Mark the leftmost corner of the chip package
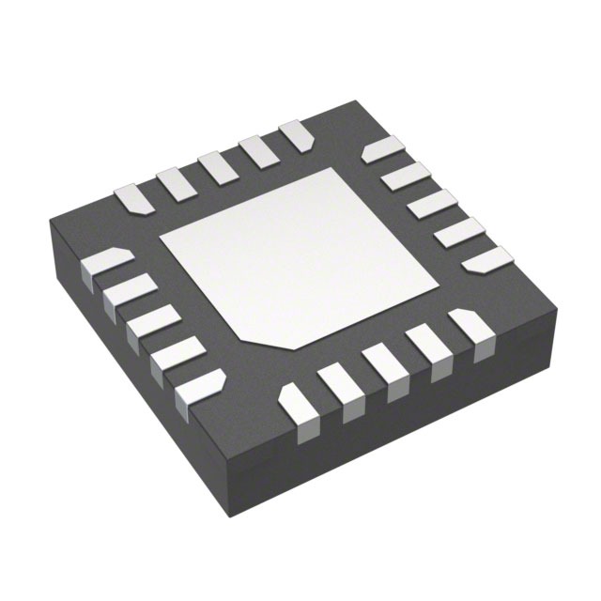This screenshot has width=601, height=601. coord(49,222)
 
